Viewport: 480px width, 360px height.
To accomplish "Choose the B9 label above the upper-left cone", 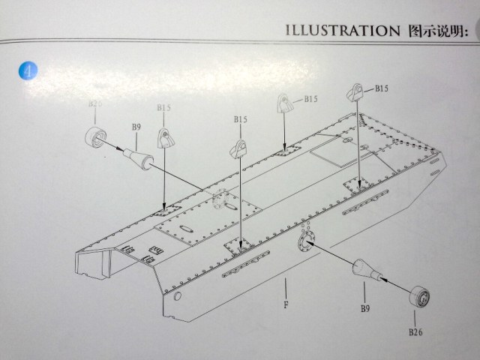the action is click(136, 127).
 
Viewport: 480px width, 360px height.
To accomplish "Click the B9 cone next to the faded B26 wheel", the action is click(136, 156).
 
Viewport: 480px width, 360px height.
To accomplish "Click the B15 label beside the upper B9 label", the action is click(164, 109).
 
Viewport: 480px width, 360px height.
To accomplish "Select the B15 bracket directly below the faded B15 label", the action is click(166, 136).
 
